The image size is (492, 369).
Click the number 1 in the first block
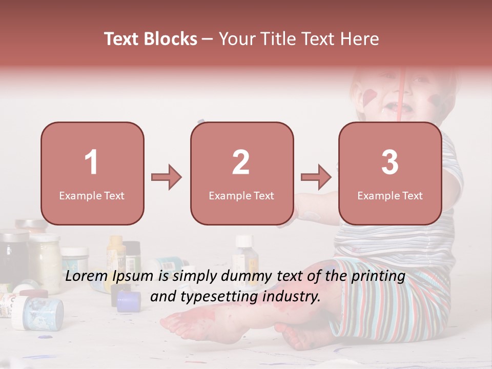pos(92,162)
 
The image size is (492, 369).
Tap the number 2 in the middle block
pos(241,162)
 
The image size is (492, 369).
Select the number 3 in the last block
pos(390,162)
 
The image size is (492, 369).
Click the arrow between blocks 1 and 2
pos(167,177)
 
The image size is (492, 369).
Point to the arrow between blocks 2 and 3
pos(316,177)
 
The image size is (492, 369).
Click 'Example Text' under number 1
pos(92,195)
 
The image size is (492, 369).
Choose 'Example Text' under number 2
pos(241,195)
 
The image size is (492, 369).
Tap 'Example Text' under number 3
pos(390,195)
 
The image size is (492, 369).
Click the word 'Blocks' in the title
pos(170,39)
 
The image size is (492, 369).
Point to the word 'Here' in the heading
pos(358,39)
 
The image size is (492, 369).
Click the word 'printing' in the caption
pos(378,276)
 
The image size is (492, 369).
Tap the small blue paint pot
pos(129,301)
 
